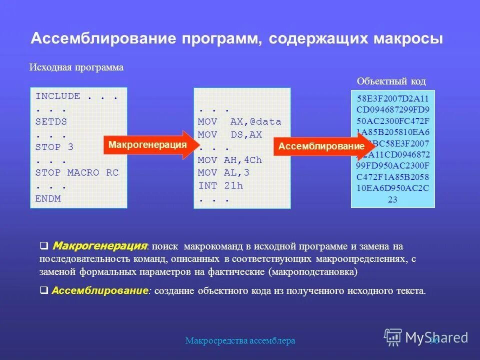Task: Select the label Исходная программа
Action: pyautogui.click(x=76, y=67)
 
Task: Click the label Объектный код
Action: pyautogui.click(x=391, y=81)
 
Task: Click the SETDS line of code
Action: pyautogui.click(x=51, y=121)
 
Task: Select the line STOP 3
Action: pyautogui.click(x=54, y=147)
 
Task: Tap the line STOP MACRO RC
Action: pyautogui.click(x=76, y=172)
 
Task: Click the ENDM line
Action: pyautogui.click(x=48, y=198)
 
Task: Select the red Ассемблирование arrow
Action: pyautogui.click(x=322, y=146)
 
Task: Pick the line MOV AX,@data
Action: pyautogui.click(x=239, y=121)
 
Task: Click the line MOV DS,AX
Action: pyautogui.click(x=230, y=134)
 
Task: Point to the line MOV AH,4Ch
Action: pyautogui.click(x=230, y=160)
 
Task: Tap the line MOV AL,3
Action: pyautogui.click(x=223, y=173)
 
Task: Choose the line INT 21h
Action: pyautogui.click(x=220, y=186)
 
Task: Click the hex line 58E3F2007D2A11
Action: pyautogui.click(x=392, y=98)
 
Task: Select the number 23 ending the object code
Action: pyautogui.click(x=392, y=198)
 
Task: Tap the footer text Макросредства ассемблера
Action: pyautogui.click(x=240, y=341)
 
